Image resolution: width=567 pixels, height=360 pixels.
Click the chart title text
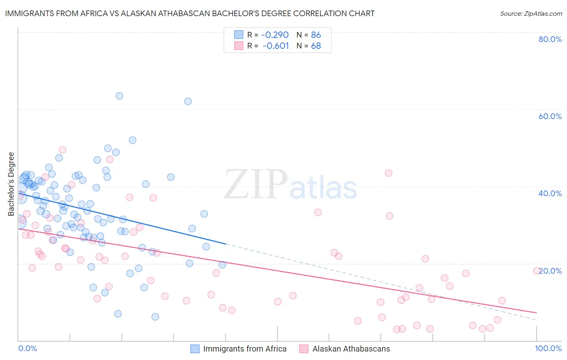pos(190,13)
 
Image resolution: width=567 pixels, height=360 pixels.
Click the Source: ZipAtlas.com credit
pos(531,13)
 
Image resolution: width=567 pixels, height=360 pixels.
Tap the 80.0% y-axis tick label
pos(550,39)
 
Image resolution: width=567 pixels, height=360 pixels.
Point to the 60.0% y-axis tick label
pos(550,116)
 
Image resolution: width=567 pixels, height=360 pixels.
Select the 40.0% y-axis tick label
pos(550,193)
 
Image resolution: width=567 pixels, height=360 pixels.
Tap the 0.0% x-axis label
pos(27,348)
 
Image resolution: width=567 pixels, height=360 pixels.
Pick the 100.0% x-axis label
pos(548,348)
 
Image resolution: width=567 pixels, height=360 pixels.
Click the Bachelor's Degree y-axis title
pos(11,184)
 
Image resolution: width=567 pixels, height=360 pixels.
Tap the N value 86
pos(316,35)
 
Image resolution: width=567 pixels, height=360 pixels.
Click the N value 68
pos(316,46)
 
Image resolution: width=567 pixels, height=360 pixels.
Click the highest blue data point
pos(119,96)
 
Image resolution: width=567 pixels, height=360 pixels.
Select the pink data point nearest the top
pos(63,150)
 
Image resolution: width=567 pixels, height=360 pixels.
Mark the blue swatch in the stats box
pos(239,35)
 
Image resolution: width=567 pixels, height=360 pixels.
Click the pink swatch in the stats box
pos(239,46)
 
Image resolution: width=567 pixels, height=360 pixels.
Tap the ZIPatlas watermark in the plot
pos(290,185)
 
